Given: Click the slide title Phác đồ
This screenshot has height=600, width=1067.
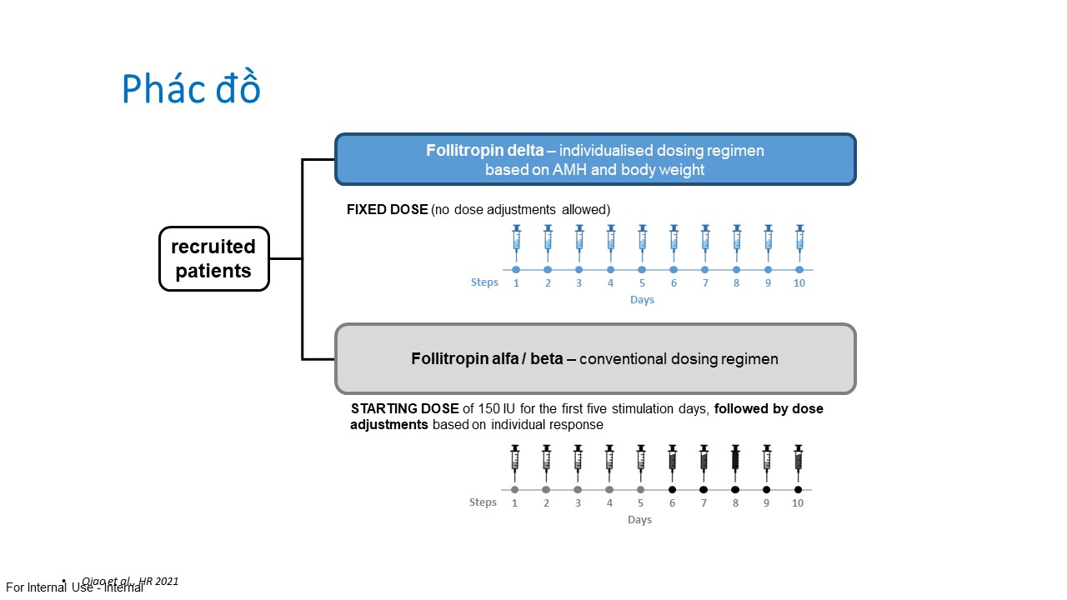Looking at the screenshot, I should coord(191,89).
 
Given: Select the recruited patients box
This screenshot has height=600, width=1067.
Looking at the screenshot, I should coord(213,258).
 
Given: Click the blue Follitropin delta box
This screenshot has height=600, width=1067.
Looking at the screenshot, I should coord(595,159).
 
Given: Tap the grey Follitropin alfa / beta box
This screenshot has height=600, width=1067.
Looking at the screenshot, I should coord(595,359).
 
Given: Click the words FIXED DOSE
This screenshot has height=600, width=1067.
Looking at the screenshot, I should coord(387,210).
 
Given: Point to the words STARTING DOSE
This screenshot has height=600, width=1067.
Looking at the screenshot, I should coord(404,409).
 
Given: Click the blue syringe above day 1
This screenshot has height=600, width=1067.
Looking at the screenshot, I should coord(516,238).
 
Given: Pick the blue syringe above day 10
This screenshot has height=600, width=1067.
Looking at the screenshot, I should coord(799,238).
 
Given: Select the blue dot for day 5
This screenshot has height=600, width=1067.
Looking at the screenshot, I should coord(642,270).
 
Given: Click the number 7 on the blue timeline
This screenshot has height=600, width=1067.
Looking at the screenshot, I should coord(705,283).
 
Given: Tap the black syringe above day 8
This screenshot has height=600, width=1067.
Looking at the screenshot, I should coord(735,458).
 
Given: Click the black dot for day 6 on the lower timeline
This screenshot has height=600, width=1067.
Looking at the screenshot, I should coord(672,490).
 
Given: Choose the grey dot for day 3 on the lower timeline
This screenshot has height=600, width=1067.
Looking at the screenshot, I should coord(578,490).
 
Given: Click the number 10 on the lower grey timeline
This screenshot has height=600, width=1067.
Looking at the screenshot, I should coord(798,503).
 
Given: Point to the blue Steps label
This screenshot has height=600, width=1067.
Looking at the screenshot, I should coord(484,282).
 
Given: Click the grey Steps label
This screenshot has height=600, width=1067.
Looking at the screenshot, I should coord(483,502).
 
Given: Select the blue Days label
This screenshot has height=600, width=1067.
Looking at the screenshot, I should coord(642,300).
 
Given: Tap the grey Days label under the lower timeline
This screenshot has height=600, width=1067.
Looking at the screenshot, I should coord(639,520).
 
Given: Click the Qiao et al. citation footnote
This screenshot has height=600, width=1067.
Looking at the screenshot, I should coord(130,581).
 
